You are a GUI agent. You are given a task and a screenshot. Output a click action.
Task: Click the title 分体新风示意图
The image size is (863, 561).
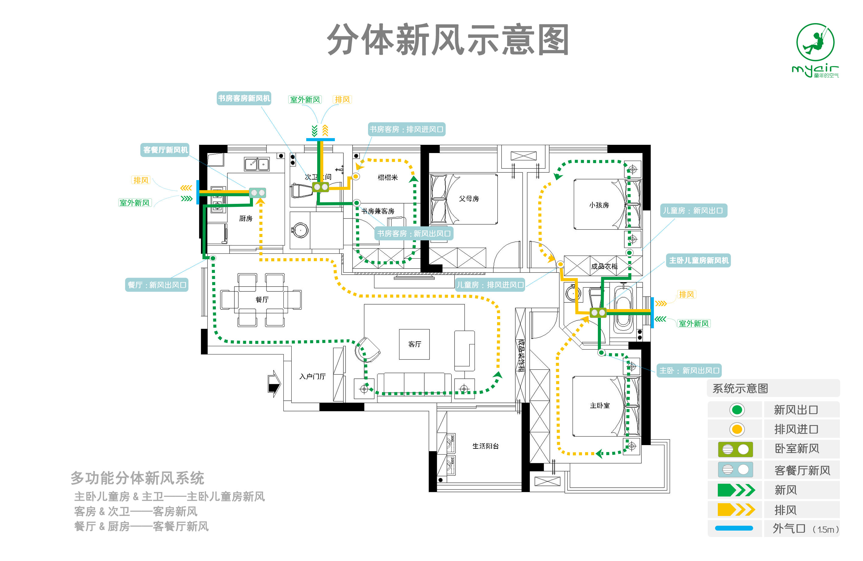[448, 40]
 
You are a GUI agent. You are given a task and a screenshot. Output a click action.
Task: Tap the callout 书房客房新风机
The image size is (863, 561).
[244, 98]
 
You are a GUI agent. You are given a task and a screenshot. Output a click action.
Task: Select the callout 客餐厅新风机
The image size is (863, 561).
[165, 150]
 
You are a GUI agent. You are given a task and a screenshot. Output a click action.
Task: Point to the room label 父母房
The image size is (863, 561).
[468, 199]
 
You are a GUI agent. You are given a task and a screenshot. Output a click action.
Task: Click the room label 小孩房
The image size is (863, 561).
[599, 205]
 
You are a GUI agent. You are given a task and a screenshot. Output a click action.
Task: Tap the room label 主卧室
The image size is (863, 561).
[599, 406]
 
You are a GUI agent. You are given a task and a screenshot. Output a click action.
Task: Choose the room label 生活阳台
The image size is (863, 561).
[485, 446]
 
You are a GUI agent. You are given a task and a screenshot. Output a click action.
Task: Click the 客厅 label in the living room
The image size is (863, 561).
[415, 344]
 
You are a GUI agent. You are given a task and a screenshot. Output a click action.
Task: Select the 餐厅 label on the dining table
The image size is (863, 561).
[262, 299]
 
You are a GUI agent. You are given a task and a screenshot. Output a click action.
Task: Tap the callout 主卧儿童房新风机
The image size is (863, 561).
[698, 260]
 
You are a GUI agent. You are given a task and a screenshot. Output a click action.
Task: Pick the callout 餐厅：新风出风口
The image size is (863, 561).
[157, 285]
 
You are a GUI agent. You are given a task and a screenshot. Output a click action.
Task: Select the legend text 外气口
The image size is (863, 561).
[789, 528]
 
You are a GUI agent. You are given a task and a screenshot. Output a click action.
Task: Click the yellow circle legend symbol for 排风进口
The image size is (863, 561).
[736, 430]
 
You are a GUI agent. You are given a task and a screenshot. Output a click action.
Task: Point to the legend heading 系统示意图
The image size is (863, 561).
[740, 389]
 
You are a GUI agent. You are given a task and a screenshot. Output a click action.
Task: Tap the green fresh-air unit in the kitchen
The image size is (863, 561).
[258, 193]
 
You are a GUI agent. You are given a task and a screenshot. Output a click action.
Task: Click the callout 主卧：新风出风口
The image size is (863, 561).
[689, 370]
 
